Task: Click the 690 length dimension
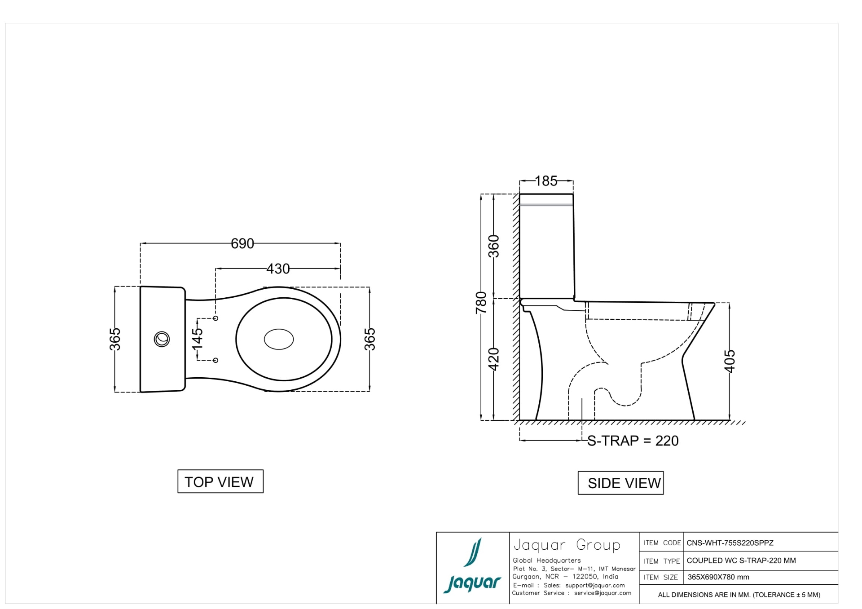click(242, 243)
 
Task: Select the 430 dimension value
click(278, 269)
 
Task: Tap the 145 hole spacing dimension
click(198, 339)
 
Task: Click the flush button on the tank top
click(162, 339)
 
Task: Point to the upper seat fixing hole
click(215, 318)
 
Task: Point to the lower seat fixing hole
click(215, 360)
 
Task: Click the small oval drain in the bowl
click(279, 339)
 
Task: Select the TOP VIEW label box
click(220, 481)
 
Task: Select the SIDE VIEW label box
click(620, 483)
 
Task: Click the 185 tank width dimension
click(546, 181)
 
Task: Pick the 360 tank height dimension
click(494, 246)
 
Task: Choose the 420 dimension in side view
click(494, 359)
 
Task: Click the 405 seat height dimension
click(730, 361)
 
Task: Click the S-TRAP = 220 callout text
click(633, 441)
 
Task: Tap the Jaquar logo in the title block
click(472, 567)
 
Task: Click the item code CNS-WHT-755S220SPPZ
click(730, 543)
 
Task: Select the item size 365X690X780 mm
click(718, 577)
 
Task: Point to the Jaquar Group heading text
click(567, 545)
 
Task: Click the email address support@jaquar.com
click(595, 585)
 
